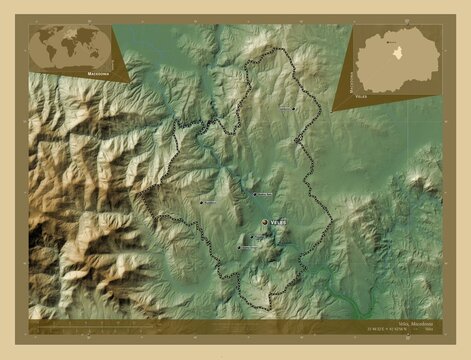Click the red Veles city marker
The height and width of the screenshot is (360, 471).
click(x=265, y=222)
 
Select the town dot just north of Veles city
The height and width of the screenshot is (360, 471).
click(x=254, y=194)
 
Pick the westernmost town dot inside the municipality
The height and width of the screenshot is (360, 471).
click(x=201, y=203)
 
